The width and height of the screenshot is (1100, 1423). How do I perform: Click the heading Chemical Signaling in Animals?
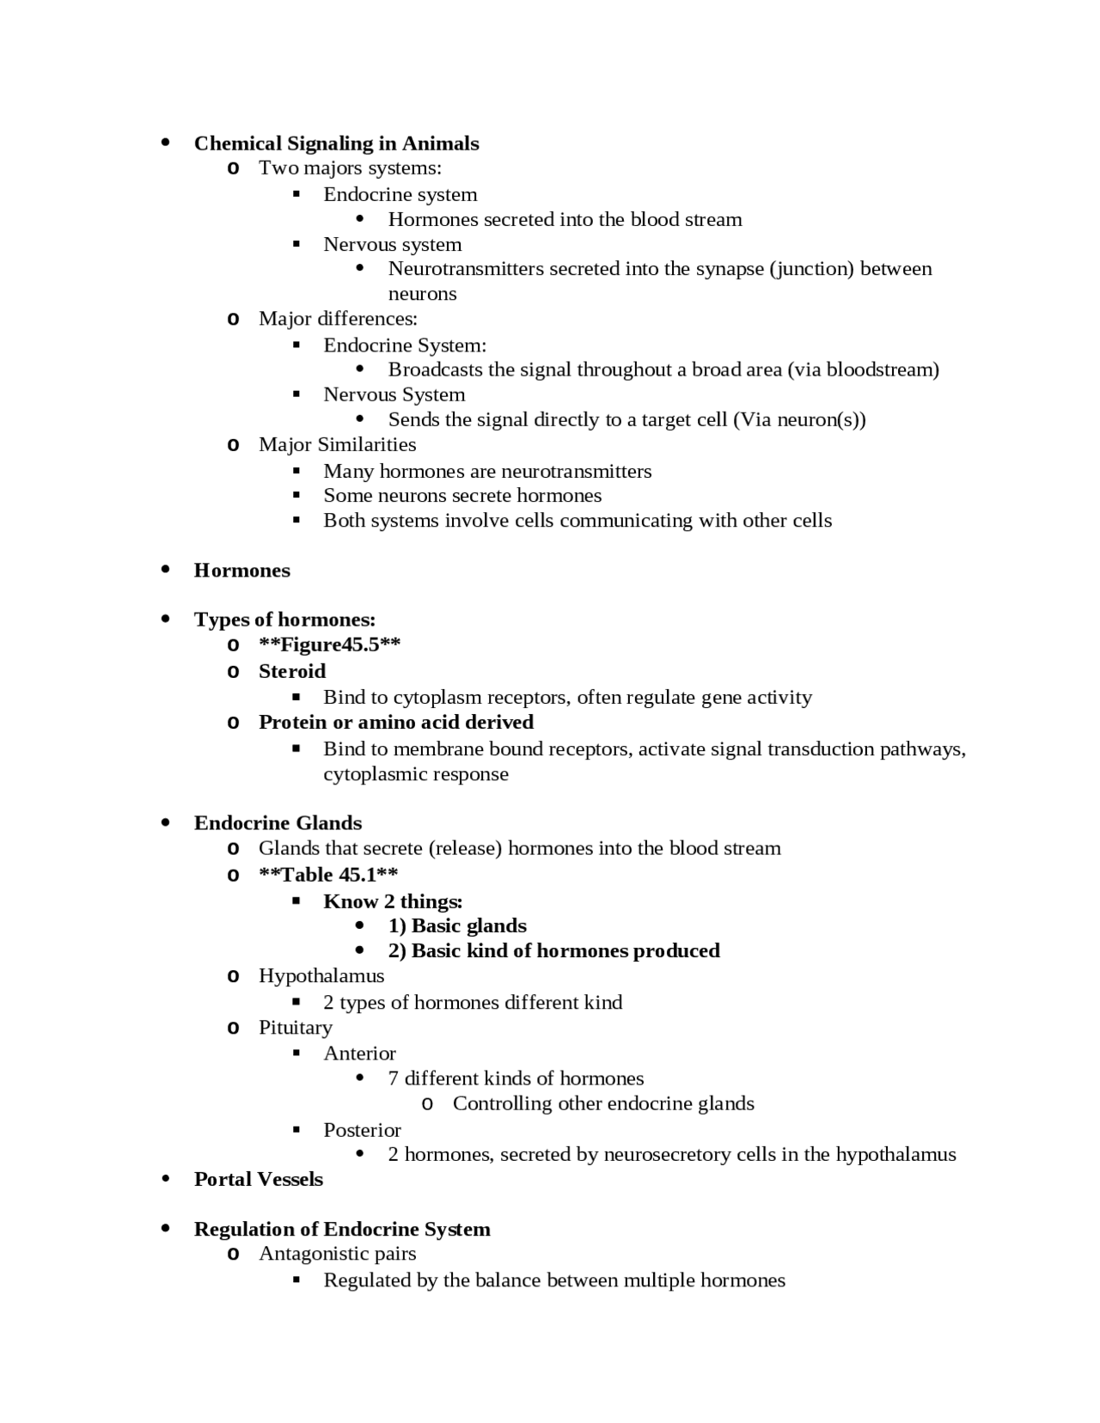[336, 144]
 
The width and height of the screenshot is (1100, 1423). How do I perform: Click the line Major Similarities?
[337, 445]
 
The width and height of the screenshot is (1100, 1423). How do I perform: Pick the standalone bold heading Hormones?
[241, 571]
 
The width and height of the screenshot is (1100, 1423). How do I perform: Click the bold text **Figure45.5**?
[329, 645]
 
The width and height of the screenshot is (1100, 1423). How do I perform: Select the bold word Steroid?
[292, 671]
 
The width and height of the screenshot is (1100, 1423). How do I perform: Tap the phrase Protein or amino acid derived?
[395, 722]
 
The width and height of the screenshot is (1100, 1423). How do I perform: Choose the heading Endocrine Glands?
[278, 823]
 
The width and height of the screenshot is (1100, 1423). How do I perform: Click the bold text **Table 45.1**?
[328, 875]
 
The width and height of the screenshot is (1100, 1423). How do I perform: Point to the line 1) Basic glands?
[457, 926]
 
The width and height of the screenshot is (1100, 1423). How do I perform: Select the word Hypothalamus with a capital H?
[321, 976]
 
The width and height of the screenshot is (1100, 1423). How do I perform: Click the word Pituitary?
[295, 1028]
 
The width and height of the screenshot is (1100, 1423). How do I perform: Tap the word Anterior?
[359, 1054]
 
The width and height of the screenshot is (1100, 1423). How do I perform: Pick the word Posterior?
[362, 1130]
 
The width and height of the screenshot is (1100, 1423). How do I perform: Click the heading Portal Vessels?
[258, 1180]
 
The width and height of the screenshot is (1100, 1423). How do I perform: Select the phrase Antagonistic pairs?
[337, 1254]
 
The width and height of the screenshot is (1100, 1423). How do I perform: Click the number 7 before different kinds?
[394, 1078]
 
